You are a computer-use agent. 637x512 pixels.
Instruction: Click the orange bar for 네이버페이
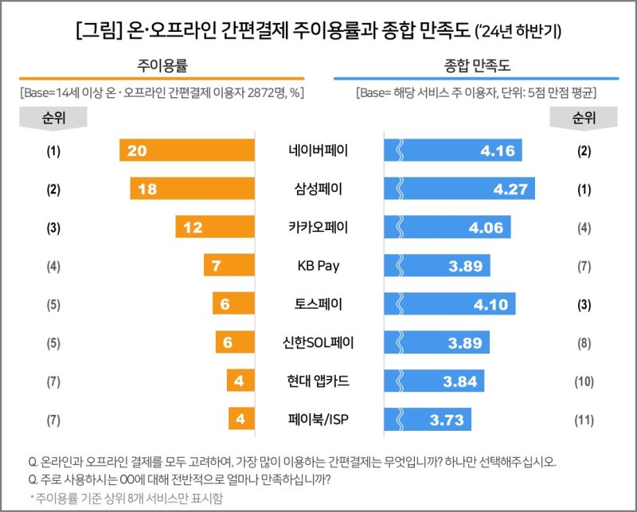[187, 150]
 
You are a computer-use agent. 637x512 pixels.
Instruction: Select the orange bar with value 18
[193, 189]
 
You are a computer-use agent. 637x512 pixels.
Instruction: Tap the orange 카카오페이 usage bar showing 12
[215, 227]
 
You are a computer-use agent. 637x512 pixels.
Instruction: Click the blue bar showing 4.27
[459, 189]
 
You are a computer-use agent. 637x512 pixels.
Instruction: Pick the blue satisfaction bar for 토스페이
[450, 303]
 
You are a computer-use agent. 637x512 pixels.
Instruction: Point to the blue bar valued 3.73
[428, 418]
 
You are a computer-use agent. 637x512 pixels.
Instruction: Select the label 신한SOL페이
[318, 342]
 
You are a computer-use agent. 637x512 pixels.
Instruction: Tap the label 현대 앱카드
[318, 380]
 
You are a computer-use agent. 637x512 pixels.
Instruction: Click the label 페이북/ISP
[318, 418]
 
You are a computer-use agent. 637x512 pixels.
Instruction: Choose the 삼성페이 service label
[318, 189]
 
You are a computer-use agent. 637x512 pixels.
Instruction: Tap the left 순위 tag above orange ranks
[54, 118]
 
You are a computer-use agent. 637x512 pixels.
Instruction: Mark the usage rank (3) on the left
[54, 227]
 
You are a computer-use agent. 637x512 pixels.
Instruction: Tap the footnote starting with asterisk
[127, 498]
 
